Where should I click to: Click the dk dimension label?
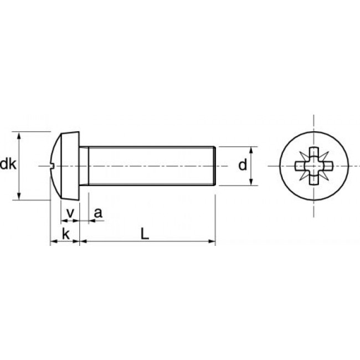(x=8, y=164)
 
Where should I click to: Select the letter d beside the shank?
(x=242, y=165)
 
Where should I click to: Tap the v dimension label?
(x=70, y=213)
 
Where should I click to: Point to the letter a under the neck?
(x=98, y=213)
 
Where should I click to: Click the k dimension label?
(x=65, y=234)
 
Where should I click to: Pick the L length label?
(x=145, y=234)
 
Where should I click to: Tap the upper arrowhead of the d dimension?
(x=251, y=150)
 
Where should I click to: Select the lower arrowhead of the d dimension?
(x=251, y=182)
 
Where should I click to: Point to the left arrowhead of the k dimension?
(x=54, y=241)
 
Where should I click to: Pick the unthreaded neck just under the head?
(x=84, y=166)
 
